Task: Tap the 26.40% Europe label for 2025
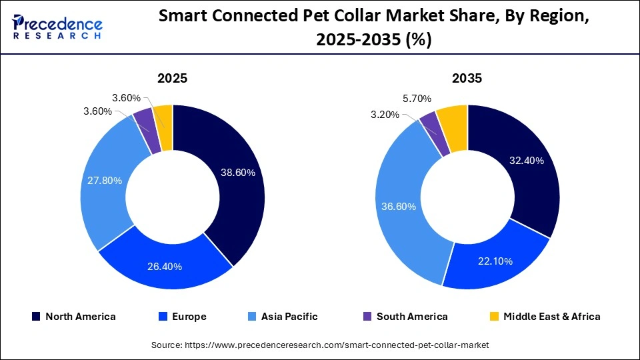click(x=164, y=267)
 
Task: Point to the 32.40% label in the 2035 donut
click(x=526, y=160)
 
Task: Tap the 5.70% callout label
click(x=416, y=99)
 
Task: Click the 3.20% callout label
click(x=385, y=114)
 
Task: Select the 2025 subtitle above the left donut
click(x=172, y=78)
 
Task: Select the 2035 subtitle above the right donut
click(x=467, y=78)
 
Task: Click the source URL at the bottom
click(x=319, y=345)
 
